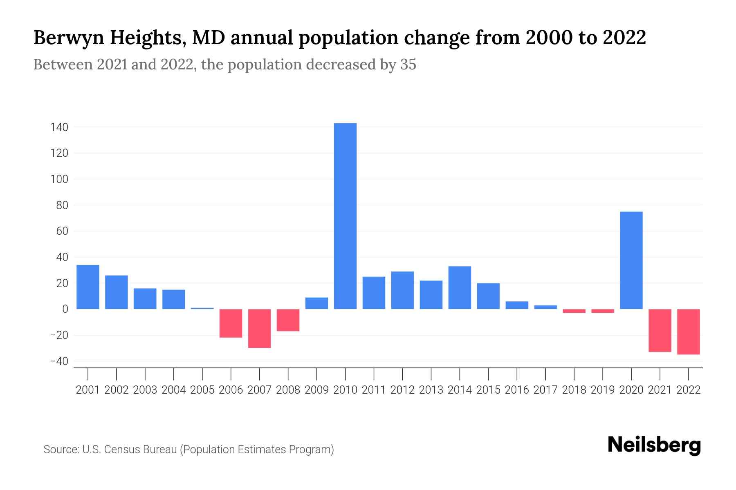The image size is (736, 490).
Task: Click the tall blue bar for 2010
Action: point(345,216)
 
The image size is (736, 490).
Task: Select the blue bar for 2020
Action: point(631,261)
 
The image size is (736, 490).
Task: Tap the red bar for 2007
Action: point(259,328)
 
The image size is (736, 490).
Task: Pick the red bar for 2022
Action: point(688,332)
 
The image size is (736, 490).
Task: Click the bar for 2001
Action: point(88,287)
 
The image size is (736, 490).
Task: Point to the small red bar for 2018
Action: point(574,311)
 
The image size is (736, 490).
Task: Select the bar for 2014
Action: point(460,287)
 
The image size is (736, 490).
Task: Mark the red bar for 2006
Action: point(231,323)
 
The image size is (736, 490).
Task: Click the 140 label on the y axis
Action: point(59,127)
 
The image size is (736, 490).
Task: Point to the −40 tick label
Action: point(59,361)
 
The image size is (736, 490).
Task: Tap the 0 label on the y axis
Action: point(65,309)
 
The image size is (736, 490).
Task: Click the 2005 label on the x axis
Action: point(202,390)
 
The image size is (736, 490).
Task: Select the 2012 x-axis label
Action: point(402,390)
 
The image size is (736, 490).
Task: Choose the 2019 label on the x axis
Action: point(603,390)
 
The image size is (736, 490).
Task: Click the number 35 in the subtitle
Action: point(408,65)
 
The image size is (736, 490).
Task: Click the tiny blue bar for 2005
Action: point(202,308)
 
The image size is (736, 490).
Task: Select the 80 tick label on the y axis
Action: point(62,205)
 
